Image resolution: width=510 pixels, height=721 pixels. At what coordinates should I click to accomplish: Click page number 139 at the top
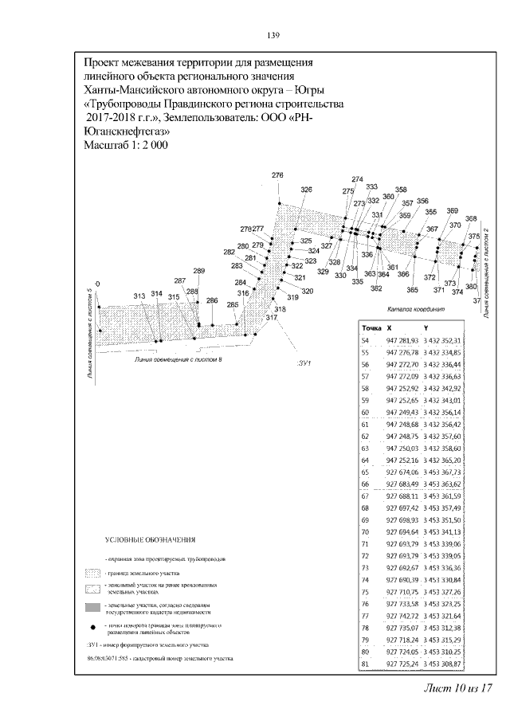tap(272, 35)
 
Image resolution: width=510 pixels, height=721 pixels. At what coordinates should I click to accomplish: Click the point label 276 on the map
tap(277, 175)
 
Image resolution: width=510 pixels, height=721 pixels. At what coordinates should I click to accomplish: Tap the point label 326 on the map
tap(307, 190)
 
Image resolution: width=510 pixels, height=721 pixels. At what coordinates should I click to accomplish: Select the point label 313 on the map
tap(139, 296)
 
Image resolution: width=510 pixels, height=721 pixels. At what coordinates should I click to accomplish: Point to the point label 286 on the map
tap(211, 300)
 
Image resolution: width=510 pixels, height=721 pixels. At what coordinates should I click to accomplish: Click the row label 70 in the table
tap(366, 531)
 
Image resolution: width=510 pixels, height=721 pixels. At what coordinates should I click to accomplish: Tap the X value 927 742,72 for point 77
tap(402, 616)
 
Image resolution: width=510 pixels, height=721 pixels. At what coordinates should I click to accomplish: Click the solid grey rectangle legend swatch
tap(94, 607)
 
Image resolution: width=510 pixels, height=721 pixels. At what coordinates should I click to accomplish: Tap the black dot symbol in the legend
tap(93, 628)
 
